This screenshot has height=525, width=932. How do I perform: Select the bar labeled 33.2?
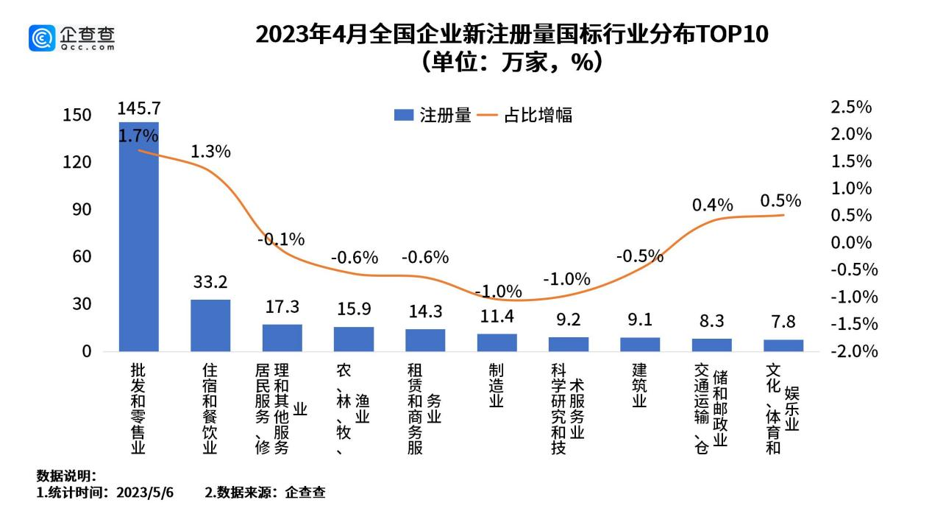click(x=210, y=325)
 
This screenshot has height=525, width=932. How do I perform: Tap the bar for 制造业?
click(x=497, y=342)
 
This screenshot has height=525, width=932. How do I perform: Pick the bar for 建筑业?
click(x=640, y=344)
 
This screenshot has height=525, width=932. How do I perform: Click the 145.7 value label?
click(x=138, y=109)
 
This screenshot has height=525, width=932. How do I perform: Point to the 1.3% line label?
click(x=210, y=152)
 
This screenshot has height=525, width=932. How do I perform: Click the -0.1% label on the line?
click(x=281, y=239)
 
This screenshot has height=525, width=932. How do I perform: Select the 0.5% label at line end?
click(x=780, y=200)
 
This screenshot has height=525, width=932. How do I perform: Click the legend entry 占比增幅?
click(x=526, y=116)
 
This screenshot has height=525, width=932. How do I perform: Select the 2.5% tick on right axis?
click(x=850, y=108)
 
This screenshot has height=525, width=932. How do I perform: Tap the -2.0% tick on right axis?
click(x=853, y=351)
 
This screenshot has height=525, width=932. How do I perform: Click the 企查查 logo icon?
click(x=42, y=38)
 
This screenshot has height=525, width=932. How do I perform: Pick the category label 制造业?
click(x=497, y=386)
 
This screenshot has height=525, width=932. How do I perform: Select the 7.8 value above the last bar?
click(x=783, y=322)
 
